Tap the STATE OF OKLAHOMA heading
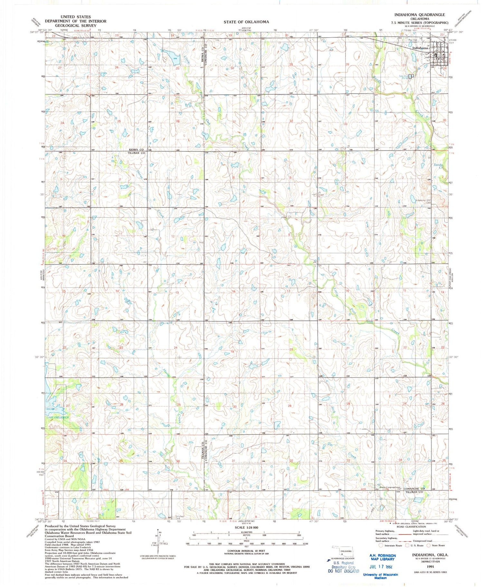[x=246, y=22]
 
